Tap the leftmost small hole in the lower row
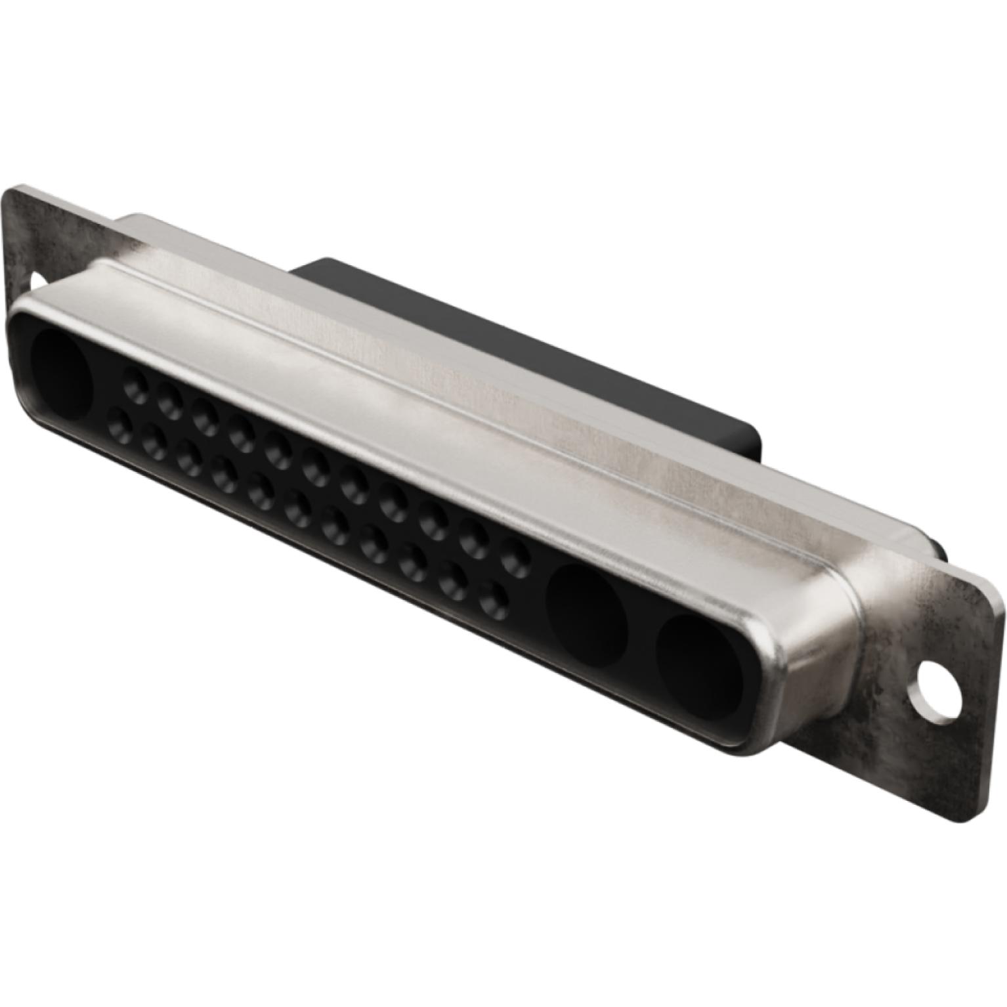point(118,418)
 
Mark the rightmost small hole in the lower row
point(494,599)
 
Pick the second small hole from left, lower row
point(155,435)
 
